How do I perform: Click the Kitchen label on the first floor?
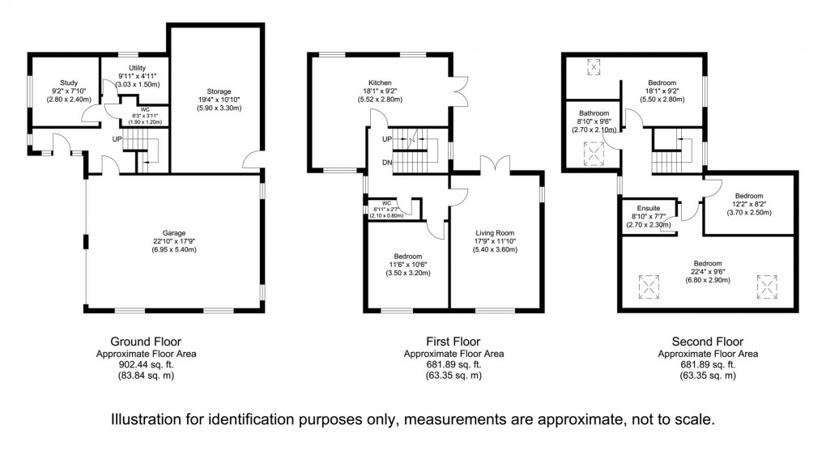point(381,83)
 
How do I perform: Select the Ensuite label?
point(649,207)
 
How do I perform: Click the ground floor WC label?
point(145,109)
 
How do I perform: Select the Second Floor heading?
point(707,342)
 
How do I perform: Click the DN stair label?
point(386,162)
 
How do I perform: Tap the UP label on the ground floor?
point(118,138)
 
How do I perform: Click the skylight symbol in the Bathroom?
point(595,151)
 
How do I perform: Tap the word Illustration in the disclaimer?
point(150,421)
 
